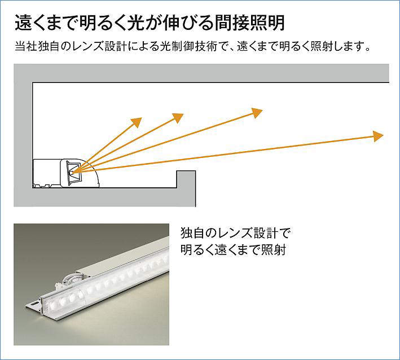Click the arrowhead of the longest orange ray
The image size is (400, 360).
pyautogui.click(x=378, y=136)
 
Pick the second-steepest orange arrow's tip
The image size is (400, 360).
pyautogui.click(x=178, y=118)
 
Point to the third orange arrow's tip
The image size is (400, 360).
pyautogui.click(x=257, y=113)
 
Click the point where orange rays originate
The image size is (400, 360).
pyautogui.click(x=73, y=173)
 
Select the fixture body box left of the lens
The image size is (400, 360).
pyautogui.click(x=47, y=173)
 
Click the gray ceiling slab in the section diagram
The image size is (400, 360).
pyautogui.click(x=201, y=73)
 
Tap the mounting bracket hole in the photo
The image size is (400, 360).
pyautogui.click(x=32, y=304)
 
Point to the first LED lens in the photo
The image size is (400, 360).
pyautogui.click(x=54, y=304)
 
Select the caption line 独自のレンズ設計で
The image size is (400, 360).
pyautogui.click(x=235, y=233)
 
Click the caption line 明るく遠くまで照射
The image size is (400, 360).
pyautogui.click(x=233, y=250)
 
